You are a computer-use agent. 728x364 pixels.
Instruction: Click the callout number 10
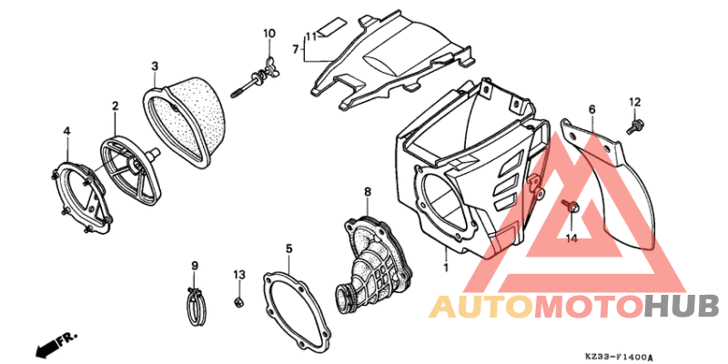tap(269, 34)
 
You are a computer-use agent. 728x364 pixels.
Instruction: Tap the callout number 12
tap(634, 102)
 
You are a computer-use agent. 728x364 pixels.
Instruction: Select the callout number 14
tap(571, 238)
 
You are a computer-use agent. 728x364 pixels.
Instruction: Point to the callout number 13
tap(238, 275)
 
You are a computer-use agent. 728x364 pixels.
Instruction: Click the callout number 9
tap(195, 266)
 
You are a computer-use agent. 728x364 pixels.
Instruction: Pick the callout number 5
tap(288, 248)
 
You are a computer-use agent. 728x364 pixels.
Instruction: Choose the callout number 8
tap(368, 191)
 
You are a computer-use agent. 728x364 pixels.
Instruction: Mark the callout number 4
tap(66, 132)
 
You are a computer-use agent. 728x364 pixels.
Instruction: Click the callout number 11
tap(310, 36)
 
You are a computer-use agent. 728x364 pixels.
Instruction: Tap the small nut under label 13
tap(238, 302)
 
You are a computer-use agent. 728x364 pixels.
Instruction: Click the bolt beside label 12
tap(634, 126)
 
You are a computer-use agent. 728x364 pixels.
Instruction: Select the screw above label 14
tap(571, 207)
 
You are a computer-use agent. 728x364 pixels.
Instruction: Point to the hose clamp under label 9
tap(195, 307)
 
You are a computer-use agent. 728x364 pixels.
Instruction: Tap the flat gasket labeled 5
tap(298, 309)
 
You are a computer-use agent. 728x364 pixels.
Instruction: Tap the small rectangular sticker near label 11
tap(333, 26)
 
